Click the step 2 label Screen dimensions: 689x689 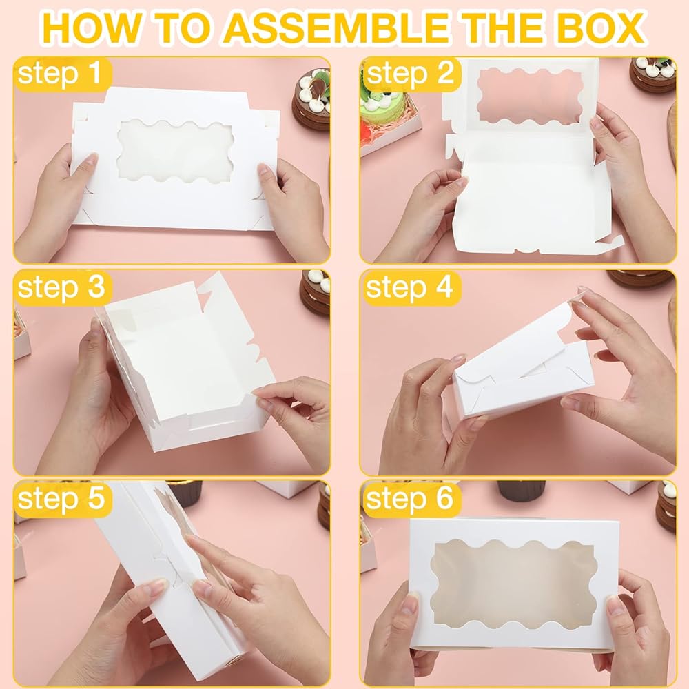(x=411, y=73)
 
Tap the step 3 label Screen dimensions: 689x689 (x=61, y=287)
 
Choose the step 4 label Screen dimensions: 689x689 (x=409, y=287)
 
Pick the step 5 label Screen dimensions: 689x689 (x=61, y=499)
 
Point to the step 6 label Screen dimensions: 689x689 (x=409, y=499)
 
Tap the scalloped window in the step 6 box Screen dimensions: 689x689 (x=513, y=581)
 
